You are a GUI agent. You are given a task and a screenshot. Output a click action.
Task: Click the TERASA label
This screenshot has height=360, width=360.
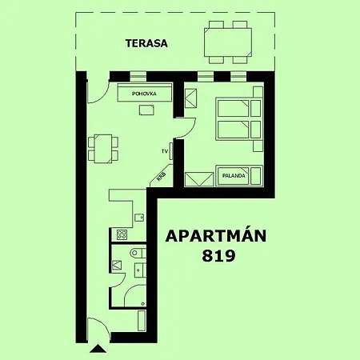pos(146,43)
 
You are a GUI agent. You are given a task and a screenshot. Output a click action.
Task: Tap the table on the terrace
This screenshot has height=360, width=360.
pos(228,42)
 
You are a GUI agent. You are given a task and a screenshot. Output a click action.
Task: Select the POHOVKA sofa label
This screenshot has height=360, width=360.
pos(144,94)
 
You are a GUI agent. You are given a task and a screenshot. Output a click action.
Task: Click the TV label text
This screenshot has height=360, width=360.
pos(165,151)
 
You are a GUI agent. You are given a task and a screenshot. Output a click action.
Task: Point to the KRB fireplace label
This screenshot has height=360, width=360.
pos(162,177)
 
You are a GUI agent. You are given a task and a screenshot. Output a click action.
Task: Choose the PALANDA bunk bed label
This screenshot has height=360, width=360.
pos(234,176)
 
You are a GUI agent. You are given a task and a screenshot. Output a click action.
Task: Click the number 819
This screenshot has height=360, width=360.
pos(218,256)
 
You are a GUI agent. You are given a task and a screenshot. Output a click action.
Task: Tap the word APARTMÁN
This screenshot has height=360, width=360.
pos(216,235)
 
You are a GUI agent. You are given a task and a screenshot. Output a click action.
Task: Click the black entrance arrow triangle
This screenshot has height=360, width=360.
pos(98,349)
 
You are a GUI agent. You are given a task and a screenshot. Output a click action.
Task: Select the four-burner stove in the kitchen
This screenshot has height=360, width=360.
pos(122,234)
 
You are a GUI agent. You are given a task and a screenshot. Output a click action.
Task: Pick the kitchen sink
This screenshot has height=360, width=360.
pos(139,218)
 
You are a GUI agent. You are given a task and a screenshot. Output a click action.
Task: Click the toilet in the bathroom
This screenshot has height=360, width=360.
pos(138,253)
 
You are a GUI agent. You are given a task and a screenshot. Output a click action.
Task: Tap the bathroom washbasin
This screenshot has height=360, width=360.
pos(140,270)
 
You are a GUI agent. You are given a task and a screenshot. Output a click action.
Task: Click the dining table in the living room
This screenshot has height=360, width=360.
pos(103,149)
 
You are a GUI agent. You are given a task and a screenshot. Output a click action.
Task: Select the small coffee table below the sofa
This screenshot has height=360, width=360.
pos(146,110)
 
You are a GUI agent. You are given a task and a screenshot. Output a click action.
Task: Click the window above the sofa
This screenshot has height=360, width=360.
pos(138,76)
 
